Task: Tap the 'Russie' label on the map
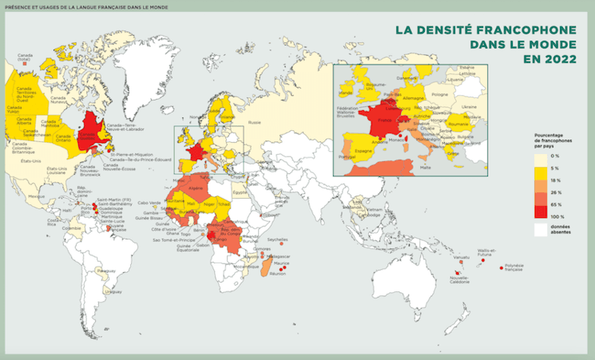coord(255,122)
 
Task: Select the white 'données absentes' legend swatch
coord(541,228)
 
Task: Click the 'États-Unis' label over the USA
coord(30,162)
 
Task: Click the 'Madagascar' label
coord(280,256)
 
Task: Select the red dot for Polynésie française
coord(502,267)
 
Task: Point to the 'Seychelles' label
coord(278,239)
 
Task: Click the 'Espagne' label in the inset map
coord(364,150)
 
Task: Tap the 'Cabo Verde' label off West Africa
coord(149,203)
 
